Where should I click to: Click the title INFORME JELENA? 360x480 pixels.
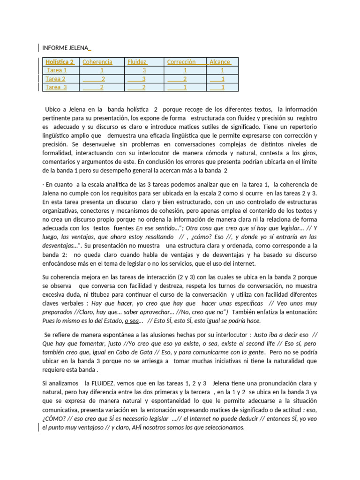[x=66, y=48]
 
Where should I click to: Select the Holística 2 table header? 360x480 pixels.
[x=60, y=62]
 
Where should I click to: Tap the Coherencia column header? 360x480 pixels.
[x=97, y=62]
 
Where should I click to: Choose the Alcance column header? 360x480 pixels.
[x=220, y=62]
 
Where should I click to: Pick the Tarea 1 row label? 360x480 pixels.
[x=57, y=70]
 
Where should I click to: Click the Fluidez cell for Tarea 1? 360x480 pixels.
[x=144, y=70]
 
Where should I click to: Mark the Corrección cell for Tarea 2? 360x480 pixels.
[x=185, y=79]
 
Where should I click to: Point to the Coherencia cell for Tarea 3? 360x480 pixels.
[x=102, y=87]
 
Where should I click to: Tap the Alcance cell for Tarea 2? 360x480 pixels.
[x=223, y=79]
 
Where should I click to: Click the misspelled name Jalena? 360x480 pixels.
[x=53, y=193]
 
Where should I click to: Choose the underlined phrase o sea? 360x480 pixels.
[x=132, y=321]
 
